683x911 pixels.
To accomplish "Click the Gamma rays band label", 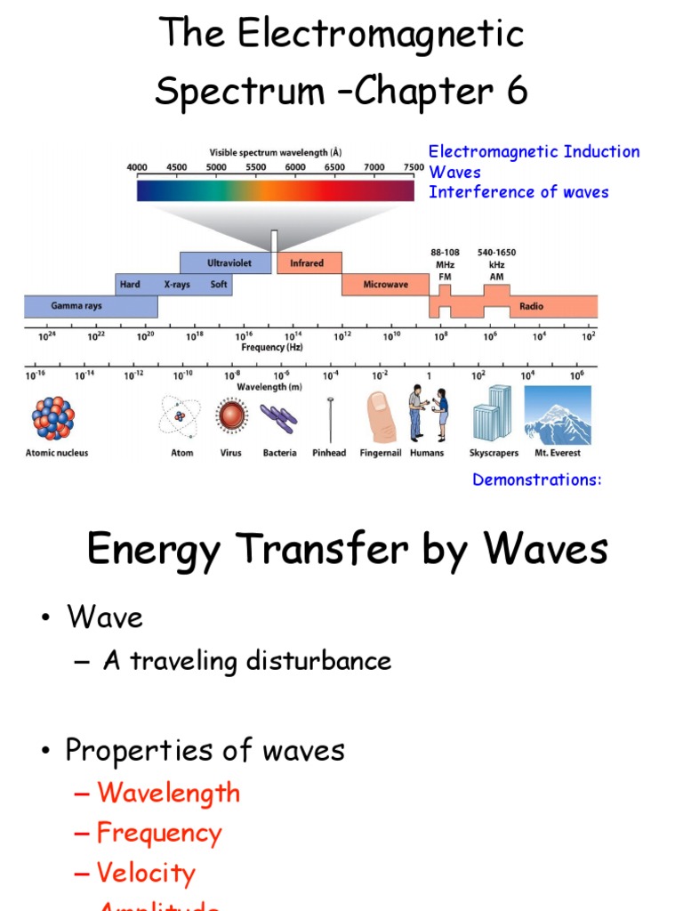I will click(76, 306).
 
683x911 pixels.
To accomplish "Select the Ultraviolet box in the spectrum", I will click(228, 263).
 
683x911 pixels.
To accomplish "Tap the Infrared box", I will click(307, 263).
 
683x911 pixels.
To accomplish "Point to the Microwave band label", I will click(385, 285).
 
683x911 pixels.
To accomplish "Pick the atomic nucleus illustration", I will click(54, 417).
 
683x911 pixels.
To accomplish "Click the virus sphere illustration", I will click(231, 416).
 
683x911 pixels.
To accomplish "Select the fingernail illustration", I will click(381, 416).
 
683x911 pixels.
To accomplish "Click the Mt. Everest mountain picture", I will click(557, 415).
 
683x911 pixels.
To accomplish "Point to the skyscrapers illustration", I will click(492, 415).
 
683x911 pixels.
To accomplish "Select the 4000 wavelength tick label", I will click(138, 167).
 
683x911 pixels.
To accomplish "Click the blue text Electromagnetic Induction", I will click(534, 152).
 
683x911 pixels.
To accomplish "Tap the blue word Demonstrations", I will click(536, 480).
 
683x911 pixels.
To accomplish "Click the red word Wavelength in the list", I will click(168, 793).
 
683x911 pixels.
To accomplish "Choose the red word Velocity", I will click(146, 873).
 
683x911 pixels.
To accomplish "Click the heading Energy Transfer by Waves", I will click(347, 549).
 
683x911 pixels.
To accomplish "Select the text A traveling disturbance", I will click(246, 661).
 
